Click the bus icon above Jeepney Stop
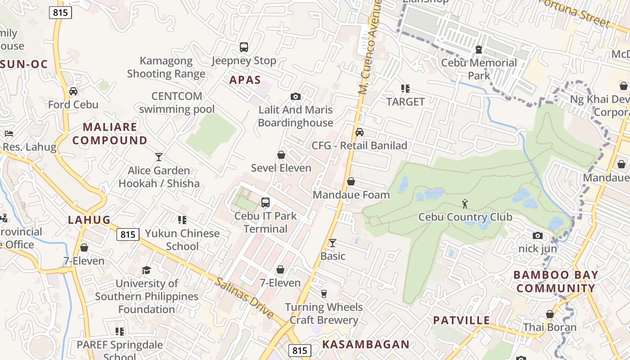(x=243, y=47)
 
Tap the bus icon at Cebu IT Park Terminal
(x=265, y=202)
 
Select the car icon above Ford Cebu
(x=73, y=91)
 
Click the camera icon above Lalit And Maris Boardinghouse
(x=296, y=96)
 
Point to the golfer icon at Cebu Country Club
(x=465, y=204)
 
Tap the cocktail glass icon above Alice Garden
(x=158, y=157)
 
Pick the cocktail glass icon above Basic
(x=333, y=243)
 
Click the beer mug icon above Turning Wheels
(x=324, y=294)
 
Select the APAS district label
(x=245, y=80)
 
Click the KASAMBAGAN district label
(x=366, y=345)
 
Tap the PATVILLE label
(x=461, y=320)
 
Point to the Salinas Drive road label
(x=244, y=298)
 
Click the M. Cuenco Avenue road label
(x=370, y=47)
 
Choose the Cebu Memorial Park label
(x=479, y=69)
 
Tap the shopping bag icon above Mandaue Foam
(x=351, y=181)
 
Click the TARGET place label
(x=405, y=102)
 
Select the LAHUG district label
(x=89, y=220)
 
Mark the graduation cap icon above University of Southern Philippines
(x=146, y=270)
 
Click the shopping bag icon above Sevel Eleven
(x=281, y=155)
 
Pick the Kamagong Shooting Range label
(x=166, y=67)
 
